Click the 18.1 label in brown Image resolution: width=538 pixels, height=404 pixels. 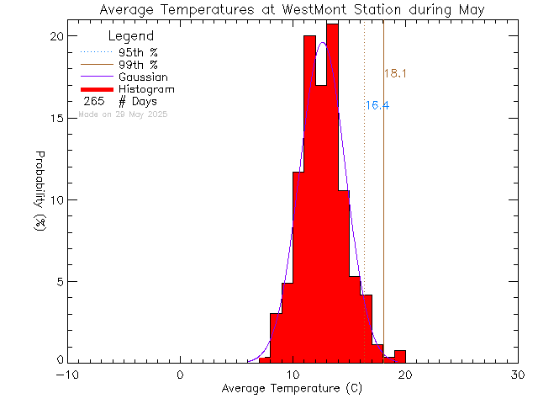tap(395, 74)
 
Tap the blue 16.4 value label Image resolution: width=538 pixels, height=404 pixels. tap(377, 105)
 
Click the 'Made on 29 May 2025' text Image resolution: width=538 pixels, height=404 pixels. tap(123, 114)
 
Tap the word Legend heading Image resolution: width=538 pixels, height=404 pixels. tap(131, 36)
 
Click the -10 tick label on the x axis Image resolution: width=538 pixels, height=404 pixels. tap(67, 375)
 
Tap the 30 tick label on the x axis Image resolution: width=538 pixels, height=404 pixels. tap(518, 375)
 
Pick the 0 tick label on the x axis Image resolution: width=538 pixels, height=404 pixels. tap(180, 375)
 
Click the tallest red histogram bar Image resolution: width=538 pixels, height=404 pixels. tap(332, 194)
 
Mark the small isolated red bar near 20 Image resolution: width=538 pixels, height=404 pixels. tap(400, 357)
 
